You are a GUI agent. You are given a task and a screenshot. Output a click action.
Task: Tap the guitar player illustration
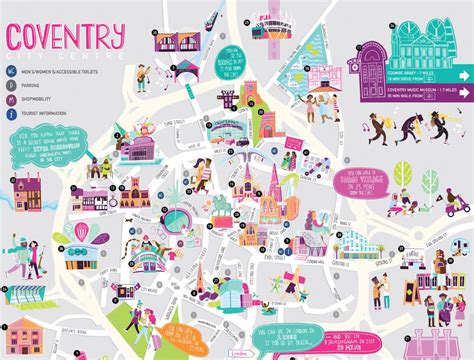[x=146, y=75]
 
